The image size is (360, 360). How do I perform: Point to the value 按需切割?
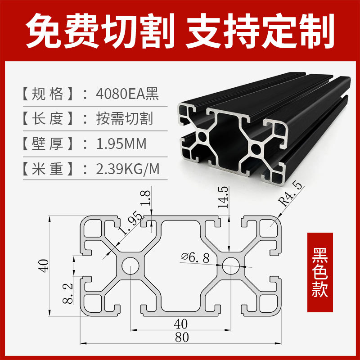124,119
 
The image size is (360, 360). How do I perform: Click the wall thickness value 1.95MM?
121,144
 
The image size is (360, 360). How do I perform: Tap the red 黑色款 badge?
319,272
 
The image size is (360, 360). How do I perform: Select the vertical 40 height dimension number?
44,265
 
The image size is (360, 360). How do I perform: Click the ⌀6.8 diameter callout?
194,257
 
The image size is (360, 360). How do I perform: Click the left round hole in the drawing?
130,266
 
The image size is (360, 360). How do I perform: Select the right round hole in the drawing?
230,266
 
